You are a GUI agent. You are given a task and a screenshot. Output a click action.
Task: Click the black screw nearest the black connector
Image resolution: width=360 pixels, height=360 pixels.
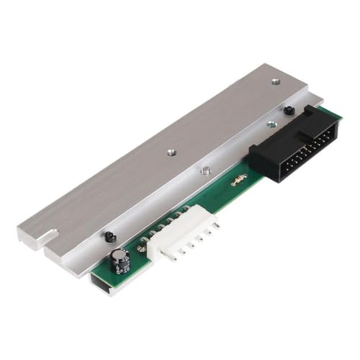click(x=287, y=111)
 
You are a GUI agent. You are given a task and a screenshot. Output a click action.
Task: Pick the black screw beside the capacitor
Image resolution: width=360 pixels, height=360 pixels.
click(x=109, y=235)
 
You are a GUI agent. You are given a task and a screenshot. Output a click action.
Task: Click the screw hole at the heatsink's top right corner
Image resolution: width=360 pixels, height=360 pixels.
click(x=276, y=82)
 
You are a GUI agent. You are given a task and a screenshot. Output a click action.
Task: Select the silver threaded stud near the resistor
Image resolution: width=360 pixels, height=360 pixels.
click(x=205, y=172)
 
